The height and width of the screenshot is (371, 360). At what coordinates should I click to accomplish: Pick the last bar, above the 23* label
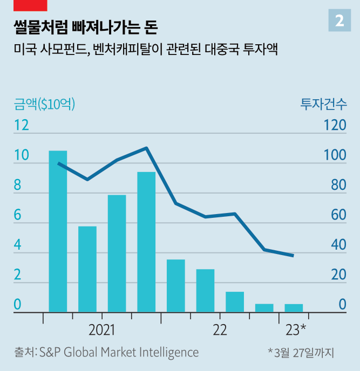coord(294,308)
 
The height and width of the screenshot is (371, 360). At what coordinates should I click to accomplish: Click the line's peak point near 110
coord(146,148)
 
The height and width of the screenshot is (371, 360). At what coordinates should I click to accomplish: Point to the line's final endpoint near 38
coord(293,256)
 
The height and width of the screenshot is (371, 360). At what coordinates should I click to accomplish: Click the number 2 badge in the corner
coord(339,20)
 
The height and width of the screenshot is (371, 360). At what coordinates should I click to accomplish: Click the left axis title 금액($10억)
coord(45,104)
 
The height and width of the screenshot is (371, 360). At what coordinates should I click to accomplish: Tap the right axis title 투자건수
coord(323,104)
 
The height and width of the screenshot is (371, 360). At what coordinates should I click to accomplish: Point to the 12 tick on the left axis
coord(21,126)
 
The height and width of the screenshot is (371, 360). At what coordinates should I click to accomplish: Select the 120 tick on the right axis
coord(335,126)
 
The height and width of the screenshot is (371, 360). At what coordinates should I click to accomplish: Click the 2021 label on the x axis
coord(102,329)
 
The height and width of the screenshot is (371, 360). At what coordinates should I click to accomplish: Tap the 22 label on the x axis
coord(220,329)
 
